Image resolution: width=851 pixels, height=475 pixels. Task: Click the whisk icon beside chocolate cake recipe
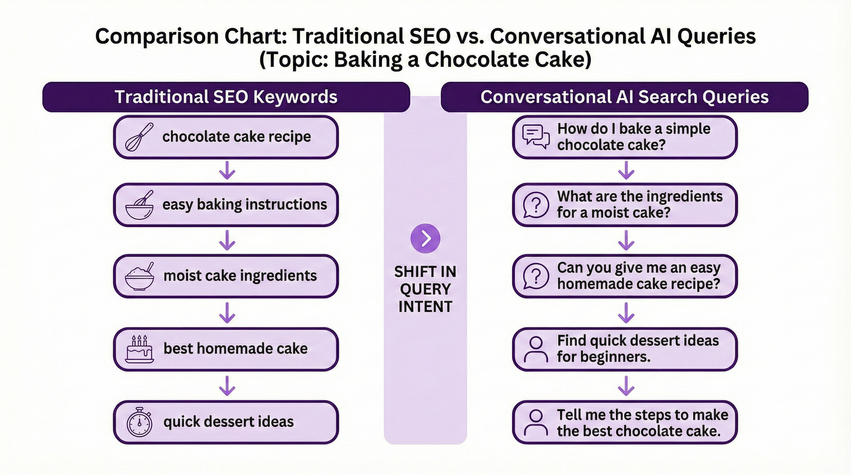tap(139, 137)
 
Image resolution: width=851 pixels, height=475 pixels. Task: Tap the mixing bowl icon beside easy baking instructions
tap(139, 205)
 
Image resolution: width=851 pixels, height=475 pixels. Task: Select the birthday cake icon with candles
tap(139, 349)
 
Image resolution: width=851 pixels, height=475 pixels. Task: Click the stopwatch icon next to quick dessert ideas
tap(139, 422)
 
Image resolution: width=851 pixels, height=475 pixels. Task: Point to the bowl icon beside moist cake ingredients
tap(139, 277)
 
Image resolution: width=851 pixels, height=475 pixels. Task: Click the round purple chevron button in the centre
tap(425, 238)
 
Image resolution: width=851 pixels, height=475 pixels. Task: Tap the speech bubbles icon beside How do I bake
tap(535, 137)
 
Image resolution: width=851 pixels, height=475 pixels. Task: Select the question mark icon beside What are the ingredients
tap(536, 205)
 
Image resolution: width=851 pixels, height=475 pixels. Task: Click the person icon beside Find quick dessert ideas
tap(536, 349)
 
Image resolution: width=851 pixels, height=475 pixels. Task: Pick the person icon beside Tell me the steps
tap(536, 422)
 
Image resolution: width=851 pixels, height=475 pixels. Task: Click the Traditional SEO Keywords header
tap(226, 97)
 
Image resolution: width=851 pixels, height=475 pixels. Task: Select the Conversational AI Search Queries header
tap(624, 97)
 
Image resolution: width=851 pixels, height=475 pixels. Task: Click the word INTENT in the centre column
tap(425, 306)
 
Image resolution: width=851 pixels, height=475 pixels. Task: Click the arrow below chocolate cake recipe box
tap(227, 170)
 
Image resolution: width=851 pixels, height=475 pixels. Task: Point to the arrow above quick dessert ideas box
tap(227, 386)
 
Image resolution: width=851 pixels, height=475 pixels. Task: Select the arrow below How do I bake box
tap(626, 170)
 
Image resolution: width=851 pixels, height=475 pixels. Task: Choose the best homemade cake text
tap(235, 349)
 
